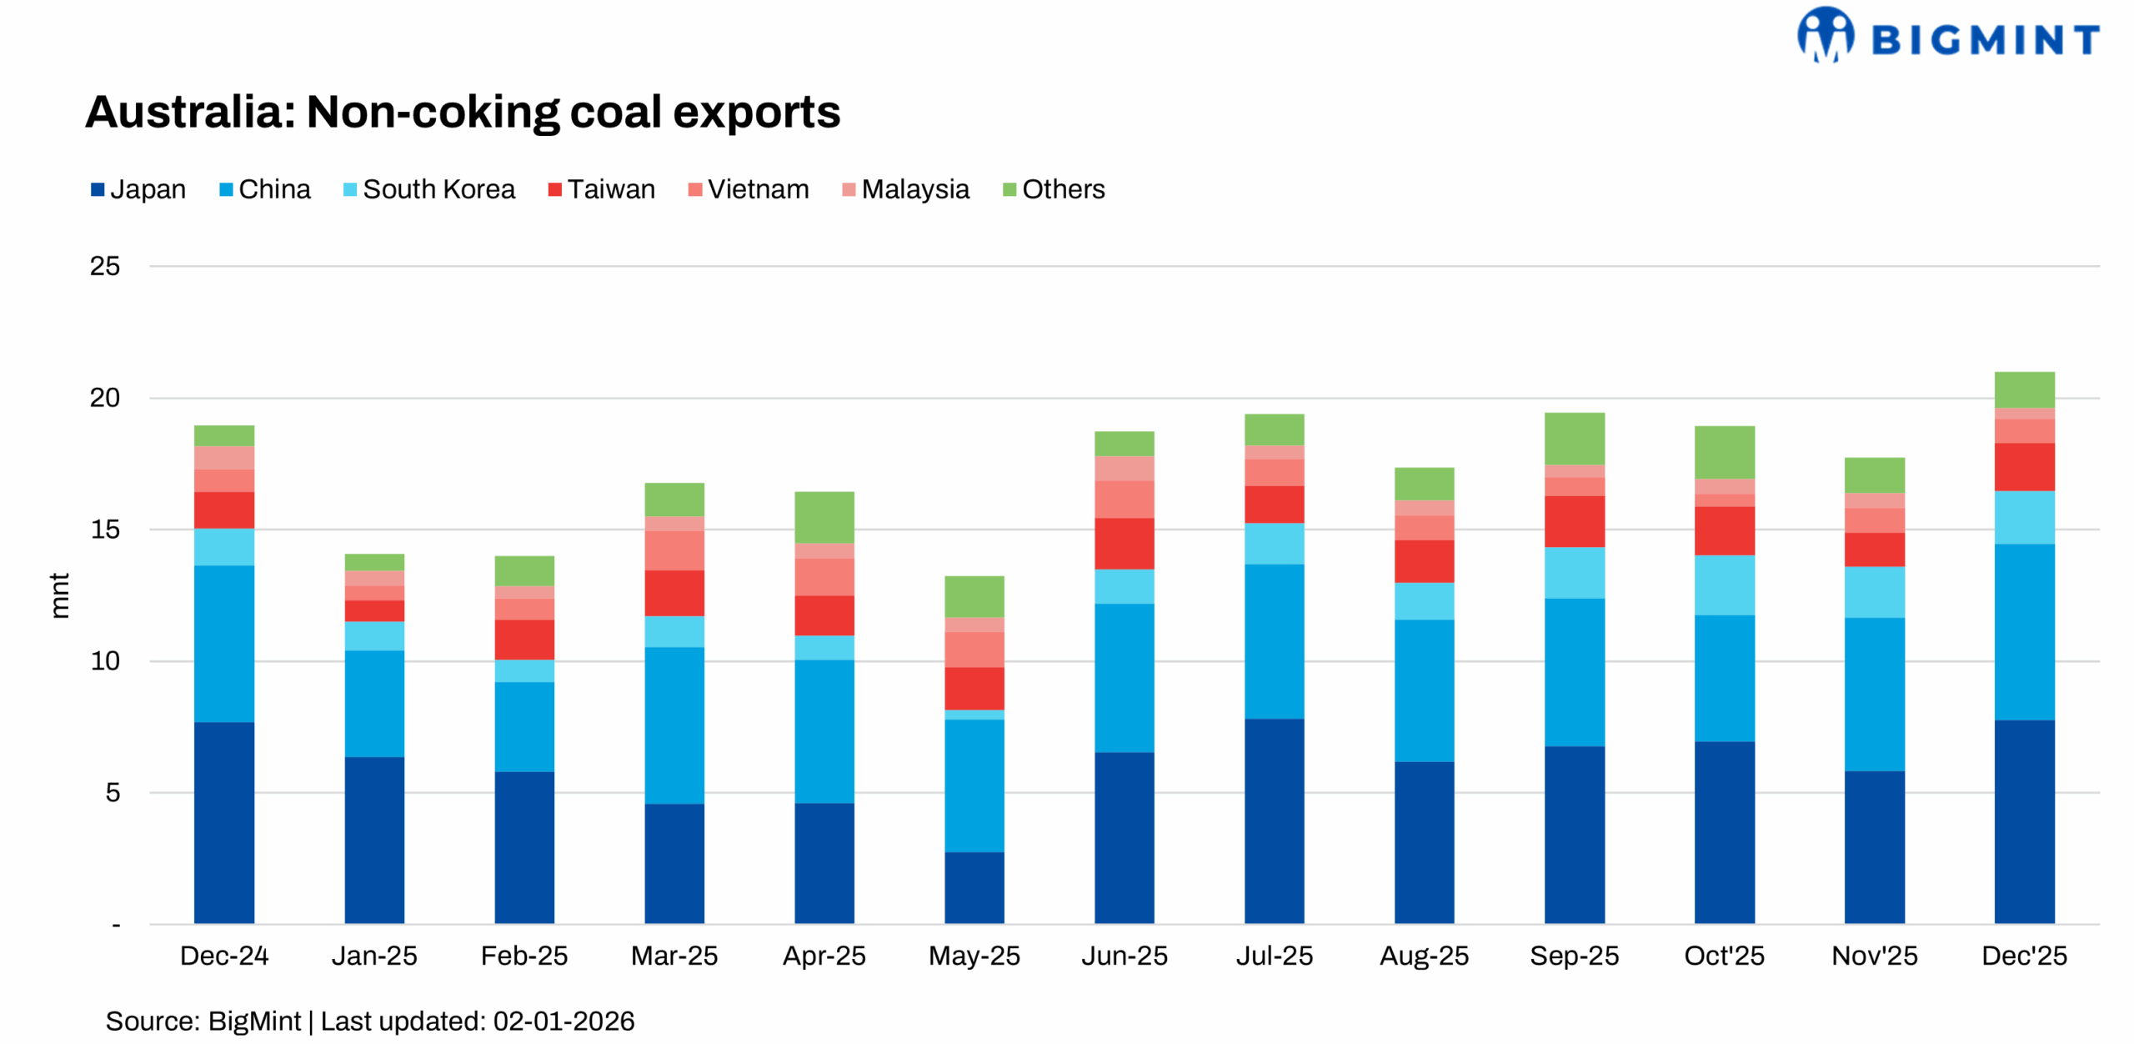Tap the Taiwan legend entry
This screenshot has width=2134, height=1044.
click(x=601, y=189)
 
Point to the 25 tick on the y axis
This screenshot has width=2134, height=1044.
click(x=105, y=266)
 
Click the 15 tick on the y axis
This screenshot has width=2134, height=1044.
click(x=105, y=529)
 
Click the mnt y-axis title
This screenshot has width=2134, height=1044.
click(x=59, y=595)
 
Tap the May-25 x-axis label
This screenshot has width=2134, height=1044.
click(x=974, y=955)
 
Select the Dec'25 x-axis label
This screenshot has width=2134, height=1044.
click(x=2023, y=955)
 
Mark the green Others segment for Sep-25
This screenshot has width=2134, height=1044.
click(x=1573, y=438)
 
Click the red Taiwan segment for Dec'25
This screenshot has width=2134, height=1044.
click(x=2023, y=466)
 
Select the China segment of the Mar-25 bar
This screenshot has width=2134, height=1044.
click(x=674, y=725)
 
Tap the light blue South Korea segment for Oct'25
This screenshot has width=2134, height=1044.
click(x=1723, y=585)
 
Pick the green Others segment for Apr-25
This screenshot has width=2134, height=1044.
click(x=824, y=517)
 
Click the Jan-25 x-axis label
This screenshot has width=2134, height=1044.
click(x=374, y=955)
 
